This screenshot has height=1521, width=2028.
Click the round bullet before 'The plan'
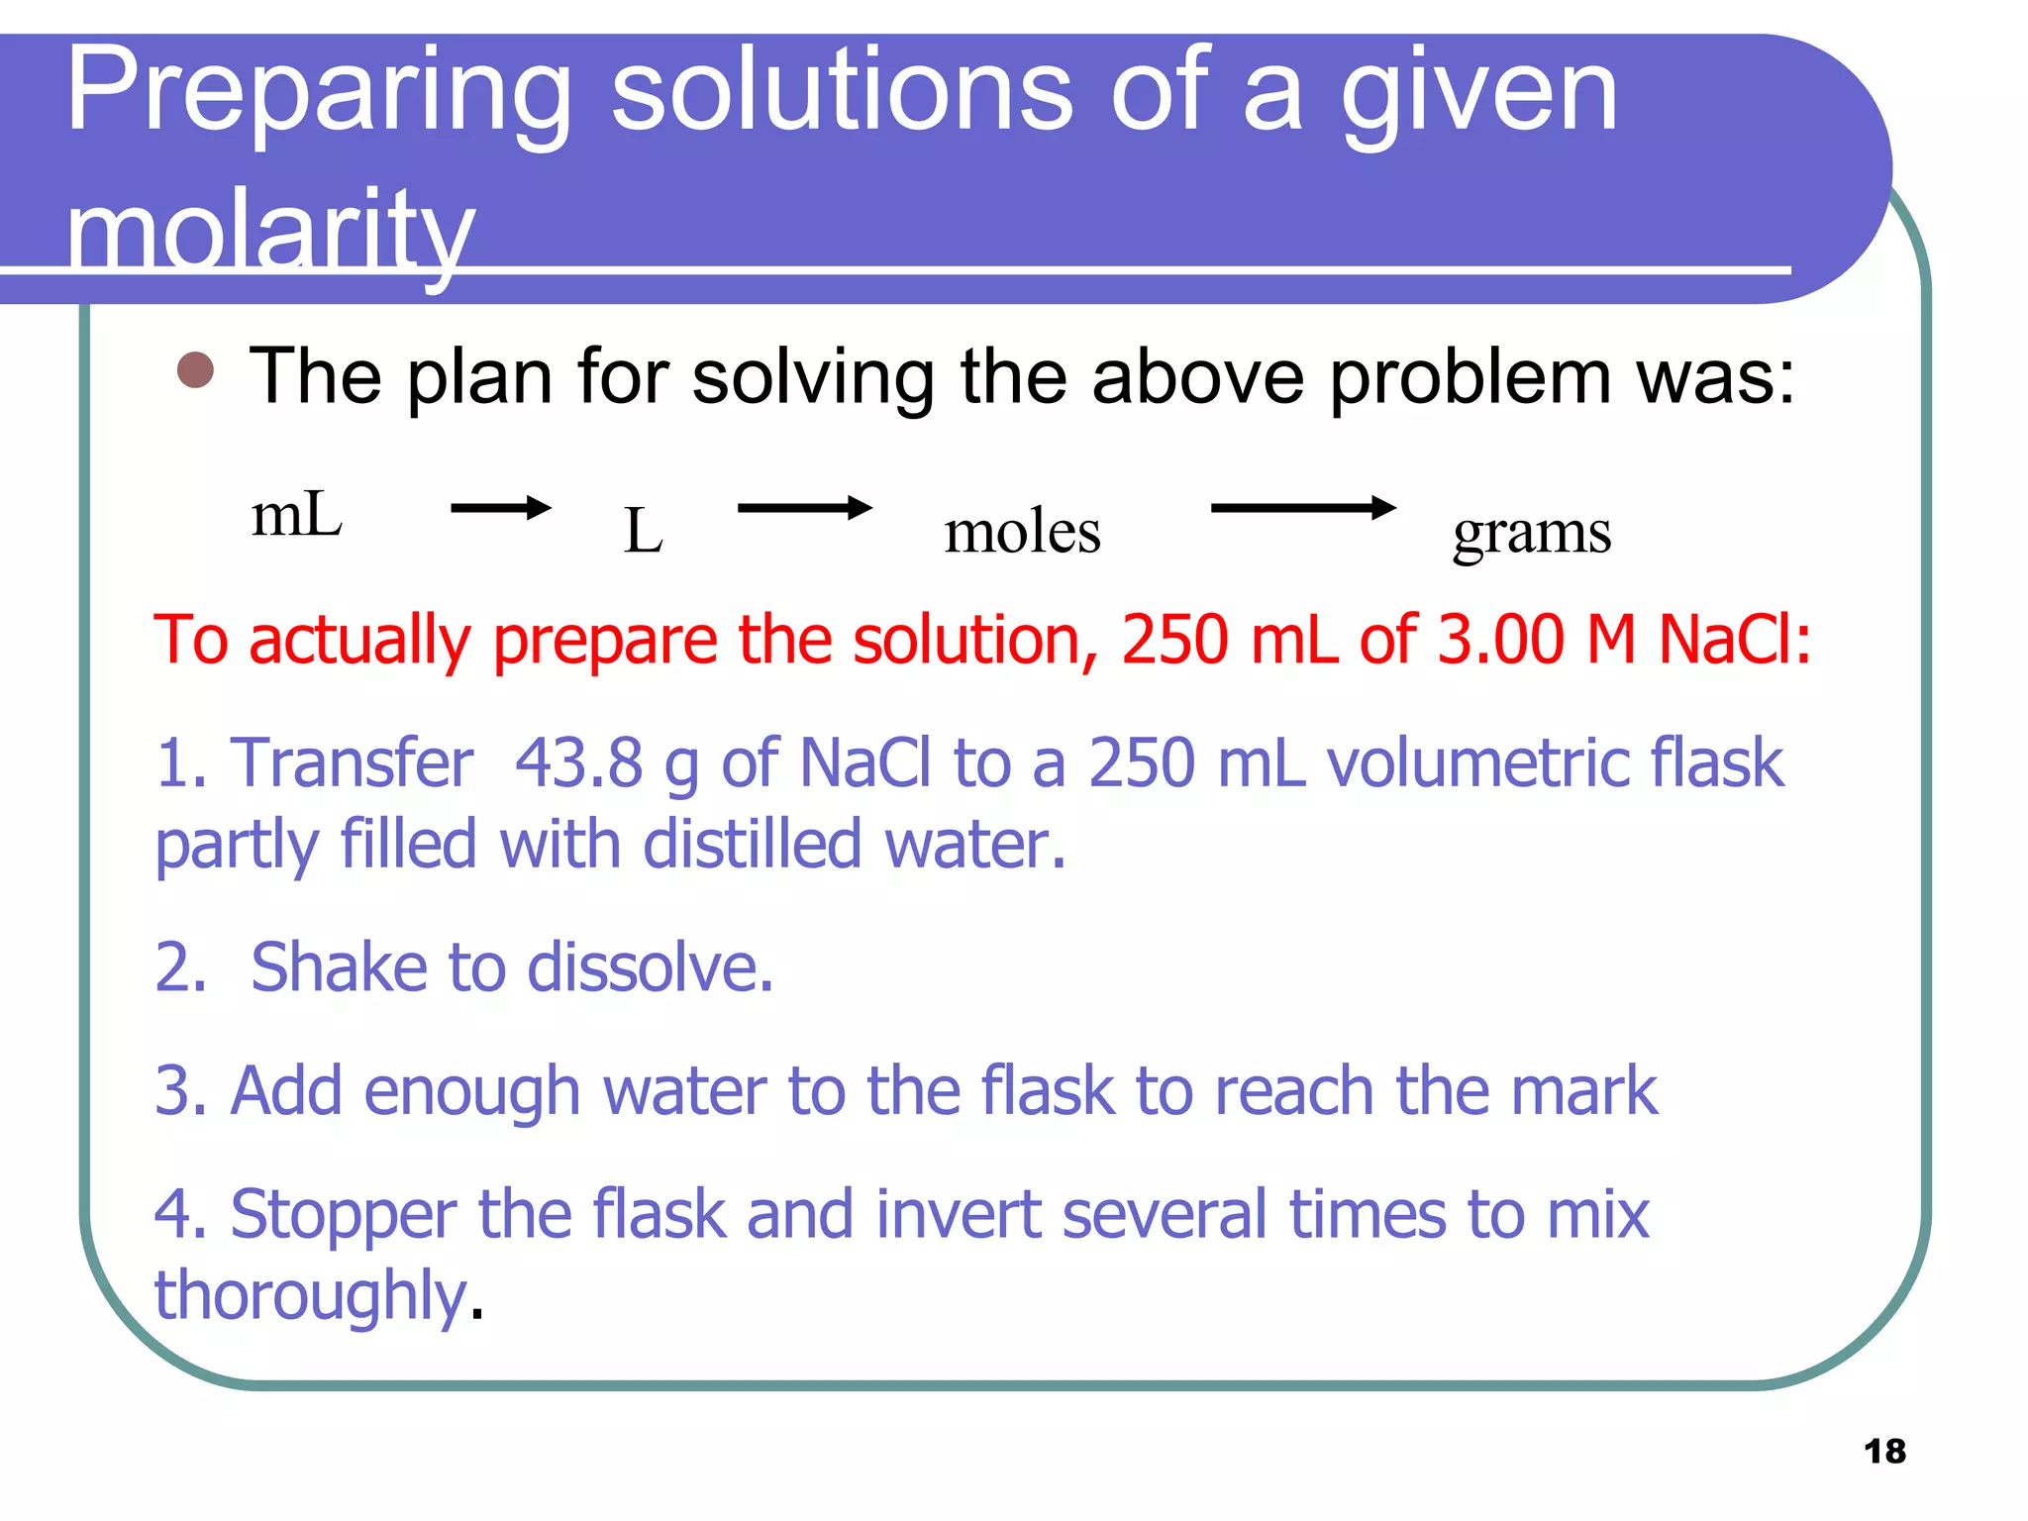coord(195,370)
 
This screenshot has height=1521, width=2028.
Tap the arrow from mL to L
coord(500,508)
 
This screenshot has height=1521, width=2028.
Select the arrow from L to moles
coord(804,508)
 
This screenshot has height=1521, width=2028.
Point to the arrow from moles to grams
coord(1302,508)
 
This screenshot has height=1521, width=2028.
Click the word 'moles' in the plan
coord(1022,532)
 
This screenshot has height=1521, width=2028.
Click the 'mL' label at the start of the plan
coord(297,516)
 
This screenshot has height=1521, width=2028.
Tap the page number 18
coord(1884,1451)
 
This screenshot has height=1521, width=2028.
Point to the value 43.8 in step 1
coord(579,763)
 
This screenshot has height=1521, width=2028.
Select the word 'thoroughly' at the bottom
coord(310,1295)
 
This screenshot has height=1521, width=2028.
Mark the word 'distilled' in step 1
coord(753,845)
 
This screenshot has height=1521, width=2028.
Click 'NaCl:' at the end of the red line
coord(1734,640)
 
